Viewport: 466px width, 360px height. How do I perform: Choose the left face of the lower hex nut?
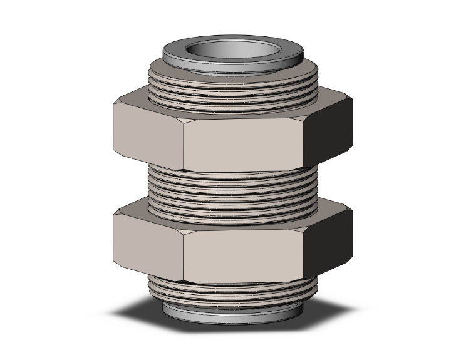[148, 242]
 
